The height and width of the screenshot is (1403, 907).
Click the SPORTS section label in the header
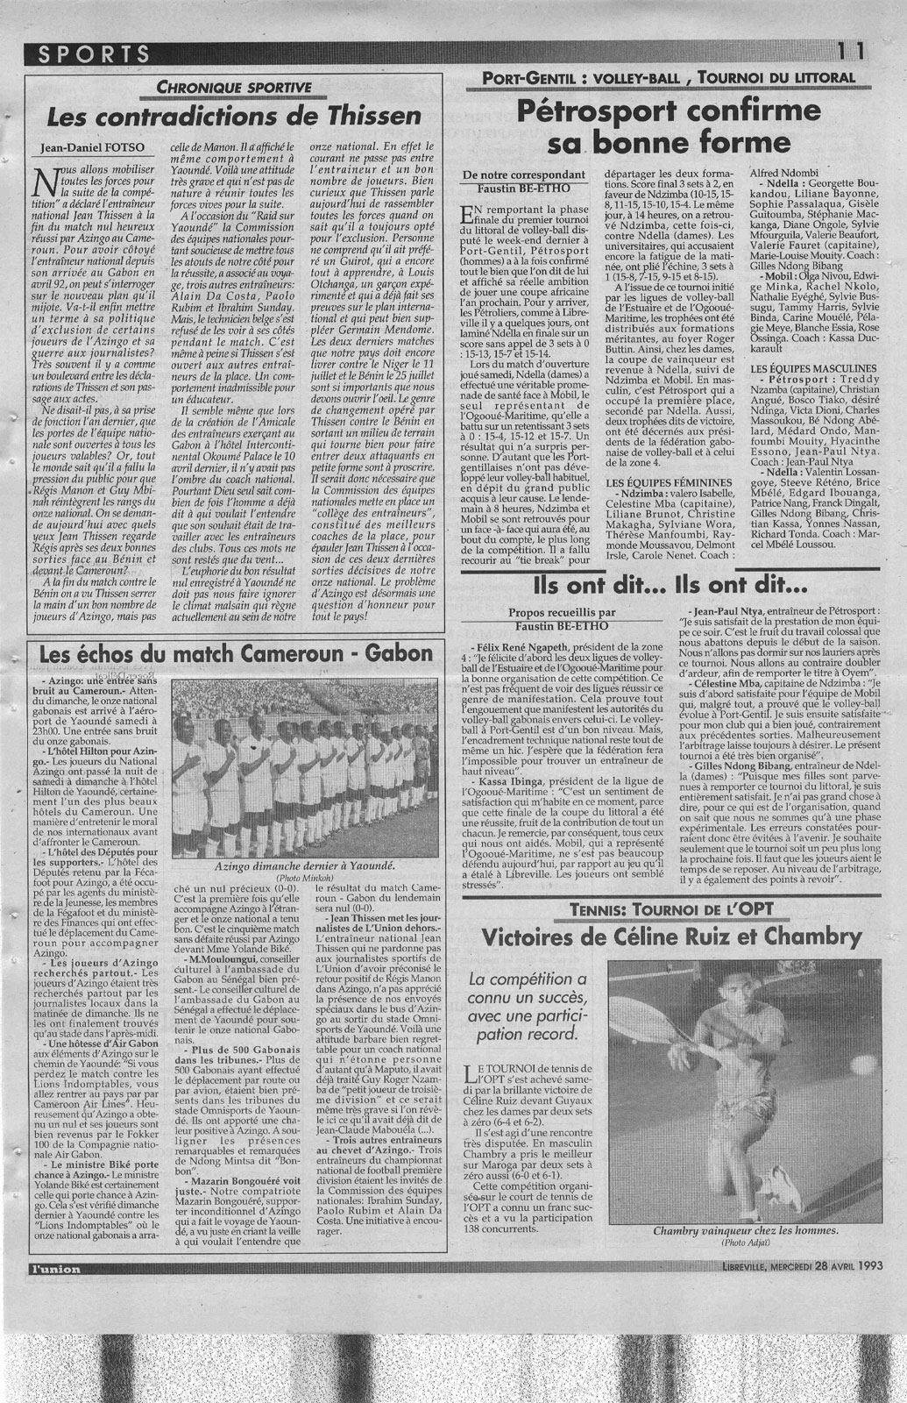click(x=95, y=53)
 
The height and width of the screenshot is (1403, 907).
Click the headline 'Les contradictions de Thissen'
click(x=234, y=117)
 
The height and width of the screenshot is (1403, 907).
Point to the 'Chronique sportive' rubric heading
click(x=233, y=87)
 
